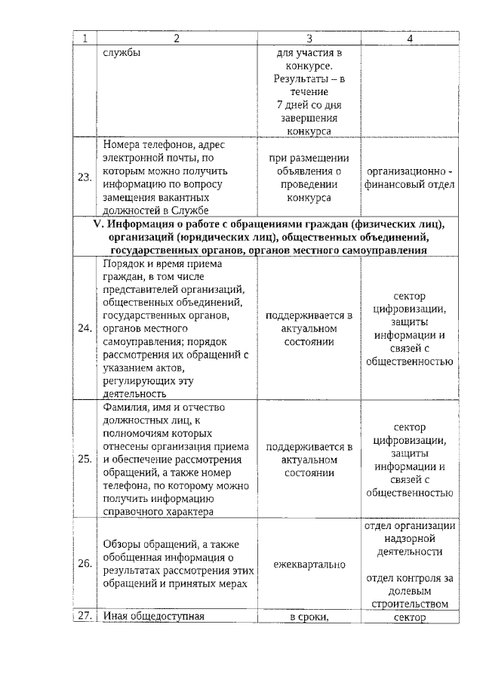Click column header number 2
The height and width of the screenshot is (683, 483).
(x=177, y=38)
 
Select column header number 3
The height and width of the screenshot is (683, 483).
(x=309, y=38)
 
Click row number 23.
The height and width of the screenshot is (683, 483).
(x=85, y=177)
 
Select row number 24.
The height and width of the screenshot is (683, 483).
(x=85, y=329)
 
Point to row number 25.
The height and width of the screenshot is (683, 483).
(x=85, y=458)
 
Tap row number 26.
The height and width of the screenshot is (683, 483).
(x=85, y=563)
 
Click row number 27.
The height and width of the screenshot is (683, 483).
(x=85, y=616)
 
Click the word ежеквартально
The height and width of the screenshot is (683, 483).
(x=309, y=564)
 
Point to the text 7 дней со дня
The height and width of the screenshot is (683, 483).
(x=309, y=104)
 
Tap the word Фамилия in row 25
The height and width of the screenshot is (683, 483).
(x=125, y=408)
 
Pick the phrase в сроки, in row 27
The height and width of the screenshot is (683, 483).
(x=309, y=617)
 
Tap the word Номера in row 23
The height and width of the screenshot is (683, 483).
(x=124, y=143)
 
